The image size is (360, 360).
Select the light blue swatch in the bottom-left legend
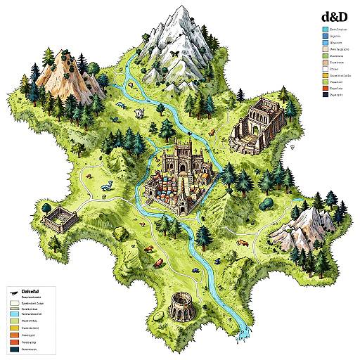[x=13, y=309]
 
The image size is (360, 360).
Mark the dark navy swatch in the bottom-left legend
[x=13, y=348]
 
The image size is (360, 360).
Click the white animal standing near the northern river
[x=140, y=112]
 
